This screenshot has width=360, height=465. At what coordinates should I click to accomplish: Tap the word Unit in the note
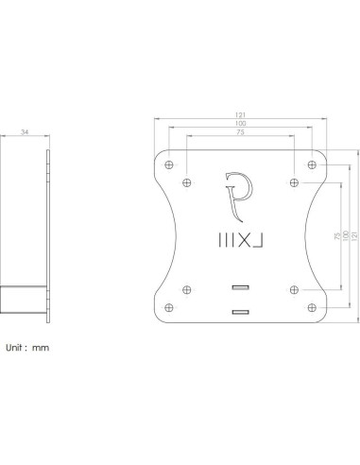tap(16, 348)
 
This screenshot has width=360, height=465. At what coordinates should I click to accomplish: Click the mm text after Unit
tap(41, 348)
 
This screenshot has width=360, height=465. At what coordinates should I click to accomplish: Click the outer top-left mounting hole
tap(169, 165)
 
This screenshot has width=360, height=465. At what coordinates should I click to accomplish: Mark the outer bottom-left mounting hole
tap(169, 305)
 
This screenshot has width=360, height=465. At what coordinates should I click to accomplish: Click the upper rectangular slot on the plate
tap(240, 286)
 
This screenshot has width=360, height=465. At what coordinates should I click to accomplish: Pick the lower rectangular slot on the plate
tap(240, 311)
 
